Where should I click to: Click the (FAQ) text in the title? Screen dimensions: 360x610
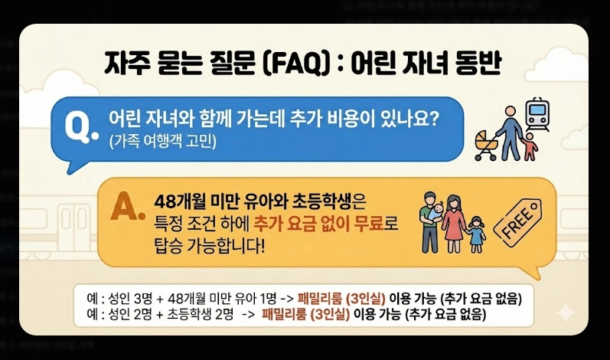tap(294, 64)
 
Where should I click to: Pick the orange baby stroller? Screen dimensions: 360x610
tap(485, 146)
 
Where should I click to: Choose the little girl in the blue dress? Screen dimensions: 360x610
tap(477, 231)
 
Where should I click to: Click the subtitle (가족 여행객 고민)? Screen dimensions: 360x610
tap(163, 141)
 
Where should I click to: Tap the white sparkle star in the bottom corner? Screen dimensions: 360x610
tap(565, 313)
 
